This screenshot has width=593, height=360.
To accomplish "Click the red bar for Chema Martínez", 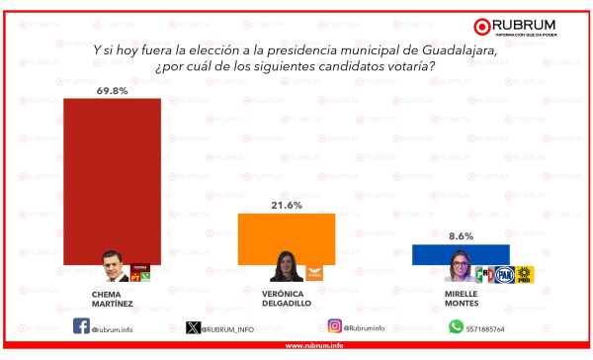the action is click(112, 181).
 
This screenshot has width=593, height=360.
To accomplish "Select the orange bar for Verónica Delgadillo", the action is click(287, 239).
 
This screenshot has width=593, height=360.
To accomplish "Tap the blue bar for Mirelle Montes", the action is click(461, 254).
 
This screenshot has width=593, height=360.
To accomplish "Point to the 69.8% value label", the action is click(112, 91).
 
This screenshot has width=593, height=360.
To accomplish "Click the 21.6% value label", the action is click(287, 205).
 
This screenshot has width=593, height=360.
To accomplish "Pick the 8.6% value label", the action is click(461, 236).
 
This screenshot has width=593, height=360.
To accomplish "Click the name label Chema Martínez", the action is click(112, 299).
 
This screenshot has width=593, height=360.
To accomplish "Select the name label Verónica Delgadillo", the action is click(287, 299).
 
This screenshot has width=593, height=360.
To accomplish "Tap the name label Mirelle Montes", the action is click(462, 299).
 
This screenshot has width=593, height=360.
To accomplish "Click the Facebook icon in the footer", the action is click(81, 326).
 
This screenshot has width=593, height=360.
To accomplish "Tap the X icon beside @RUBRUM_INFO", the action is click(193, 327).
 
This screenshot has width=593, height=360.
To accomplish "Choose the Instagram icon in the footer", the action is click(335, 326).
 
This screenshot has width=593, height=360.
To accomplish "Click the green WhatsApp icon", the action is click(456, 326).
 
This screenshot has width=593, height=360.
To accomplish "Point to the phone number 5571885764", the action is click(485, 329).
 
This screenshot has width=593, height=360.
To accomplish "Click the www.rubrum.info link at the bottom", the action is click(314, 345).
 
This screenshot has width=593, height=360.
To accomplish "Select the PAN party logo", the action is click(504, 275).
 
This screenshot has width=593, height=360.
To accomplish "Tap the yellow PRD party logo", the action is click(524, 275).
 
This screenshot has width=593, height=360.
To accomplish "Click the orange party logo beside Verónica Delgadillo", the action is click(314, 273).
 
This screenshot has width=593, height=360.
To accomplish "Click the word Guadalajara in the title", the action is click(460, 50).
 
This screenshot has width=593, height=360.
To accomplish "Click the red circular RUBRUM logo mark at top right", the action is click(482, 27).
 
